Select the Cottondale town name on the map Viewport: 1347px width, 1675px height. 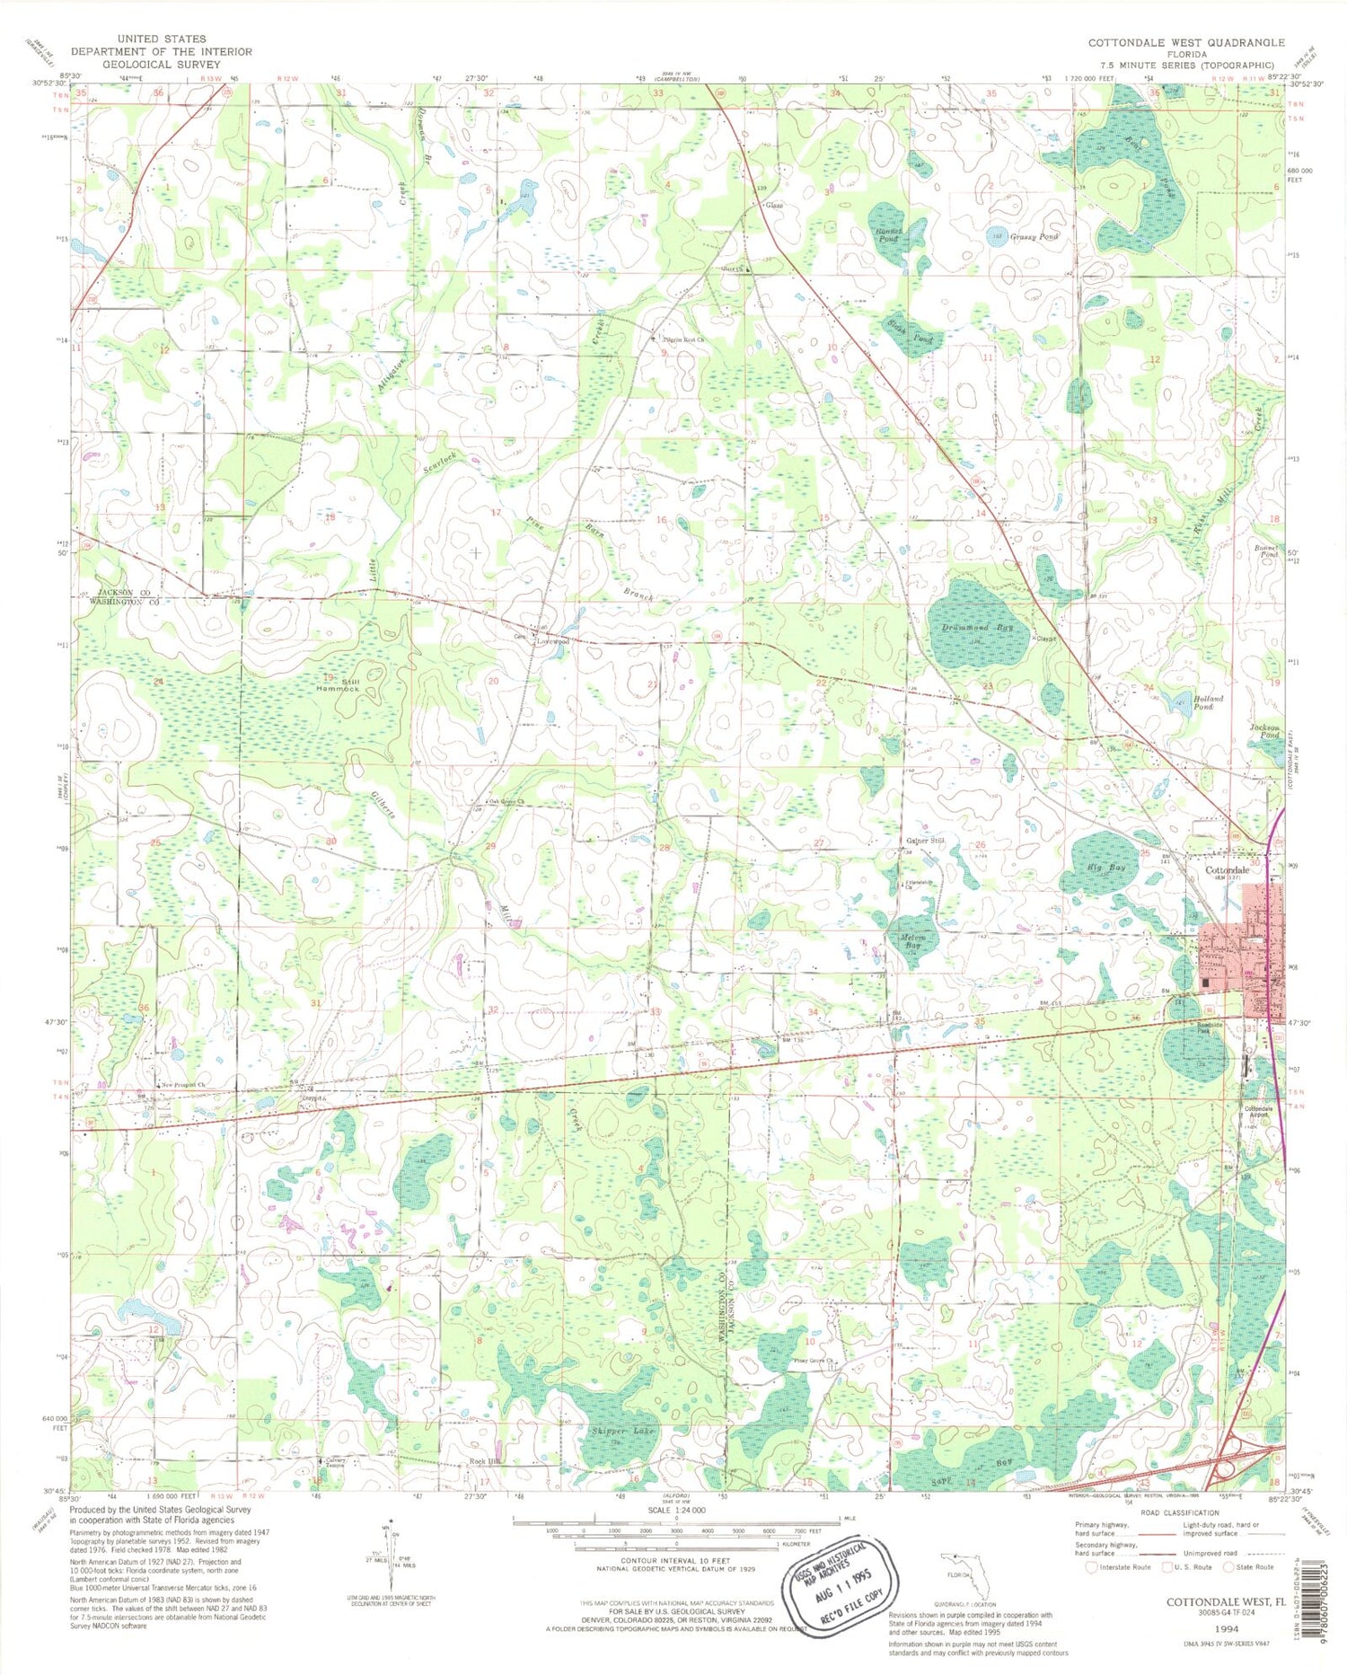[1227, 871]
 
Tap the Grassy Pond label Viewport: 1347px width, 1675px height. [1034, 236]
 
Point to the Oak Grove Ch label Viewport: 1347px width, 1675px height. [506, 802]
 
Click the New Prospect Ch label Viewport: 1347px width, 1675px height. [182, 1085]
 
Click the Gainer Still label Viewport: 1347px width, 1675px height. [925, 841]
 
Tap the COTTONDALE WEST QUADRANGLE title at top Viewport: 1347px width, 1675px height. [1185, 42]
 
